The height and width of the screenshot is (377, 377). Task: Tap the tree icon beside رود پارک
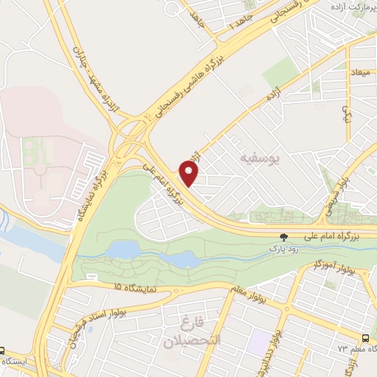pos(283,237)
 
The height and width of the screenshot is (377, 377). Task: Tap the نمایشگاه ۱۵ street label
pos(133,288)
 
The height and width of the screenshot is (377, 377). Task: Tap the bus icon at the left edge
pos(3,351)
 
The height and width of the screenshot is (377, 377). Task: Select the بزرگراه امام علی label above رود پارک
pos(332,236)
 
